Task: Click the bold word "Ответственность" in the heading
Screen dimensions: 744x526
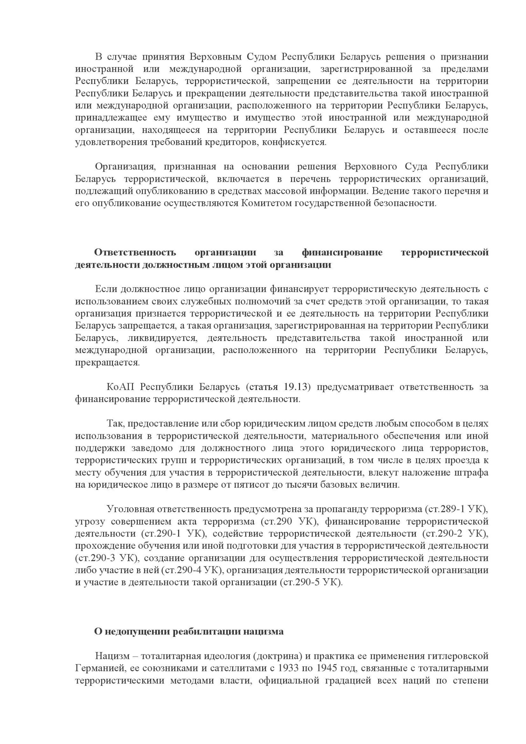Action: pyautogui.click(x=135, y=252)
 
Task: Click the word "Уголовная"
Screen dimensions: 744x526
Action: pyautogui.click(x=130, y=509)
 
